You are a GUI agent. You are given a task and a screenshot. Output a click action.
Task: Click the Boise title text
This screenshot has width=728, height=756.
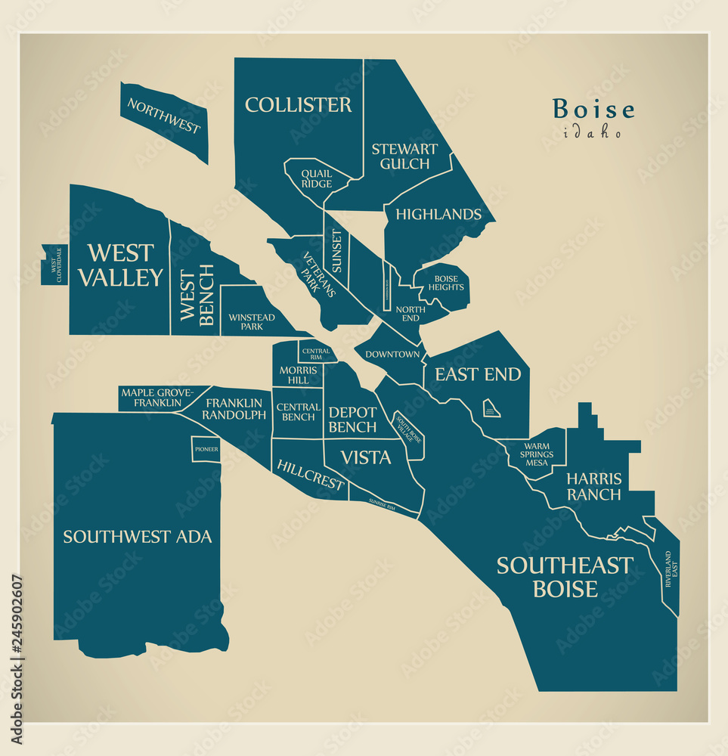[x=593, y=110]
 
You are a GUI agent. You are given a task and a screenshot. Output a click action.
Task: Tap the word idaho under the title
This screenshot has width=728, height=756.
[x=593, y=133]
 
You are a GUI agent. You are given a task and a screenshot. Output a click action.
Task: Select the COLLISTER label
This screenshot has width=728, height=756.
[x=298, y=105]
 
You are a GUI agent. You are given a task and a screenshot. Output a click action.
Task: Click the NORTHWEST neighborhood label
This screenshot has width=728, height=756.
[x=164, y=116]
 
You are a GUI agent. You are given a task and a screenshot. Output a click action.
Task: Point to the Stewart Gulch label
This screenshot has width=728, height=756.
[x=404, y=156]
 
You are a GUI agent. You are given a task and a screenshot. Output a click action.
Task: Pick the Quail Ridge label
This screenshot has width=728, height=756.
[x=316, y=178]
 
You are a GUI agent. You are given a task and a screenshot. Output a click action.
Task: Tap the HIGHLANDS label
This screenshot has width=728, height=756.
[x=438, y=215]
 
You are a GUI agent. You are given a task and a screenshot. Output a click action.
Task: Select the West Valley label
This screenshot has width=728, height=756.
[x=120, y=265]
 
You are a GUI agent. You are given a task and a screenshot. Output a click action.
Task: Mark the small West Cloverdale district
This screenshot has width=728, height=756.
[x=55, y=265]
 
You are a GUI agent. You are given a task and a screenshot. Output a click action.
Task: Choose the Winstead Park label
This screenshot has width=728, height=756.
[x=252, y=321]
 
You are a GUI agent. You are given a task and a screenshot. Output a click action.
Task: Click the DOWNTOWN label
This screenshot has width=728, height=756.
[x=392, y=355]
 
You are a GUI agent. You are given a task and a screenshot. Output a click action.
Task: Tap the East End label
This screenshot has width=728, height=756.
[x=477, y=374]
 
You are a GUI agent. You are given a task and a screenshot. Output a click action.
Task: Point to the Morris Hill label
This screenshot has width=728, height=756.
[x=293, y=375]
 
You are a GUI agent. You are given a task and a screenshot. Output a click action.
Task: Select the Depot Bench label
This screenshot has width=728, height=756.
[x=352, y=420]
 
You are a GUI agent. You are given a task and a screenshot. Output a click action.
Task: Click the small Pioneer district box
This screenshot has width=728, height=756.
[x=206, y=449]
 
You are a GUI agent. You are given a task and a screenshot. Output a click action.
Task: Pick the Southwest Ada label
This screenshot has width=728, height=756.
[x=137, y=537]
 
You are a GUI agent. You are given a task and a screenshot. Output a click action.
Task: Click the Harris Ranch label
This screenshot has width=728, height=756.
[x=593, y=487]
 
